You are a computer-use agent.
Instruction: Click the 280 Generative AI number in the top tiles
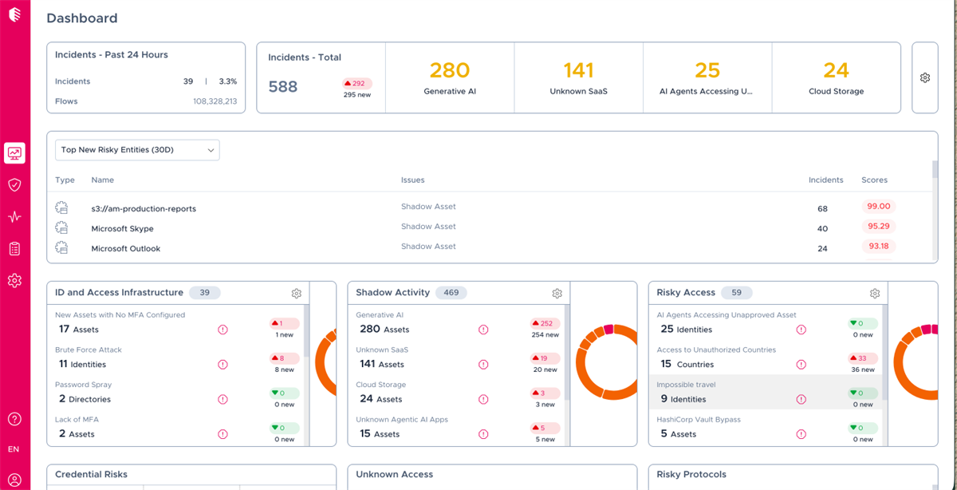pyautogui.click(x=450, y=70)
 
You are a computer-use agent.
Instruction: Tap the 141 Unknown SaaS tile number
pyautogui.click(x=578, y=70)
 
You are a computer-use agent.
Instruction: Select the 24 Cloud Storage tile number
pyautogui.click(x=836, y=70)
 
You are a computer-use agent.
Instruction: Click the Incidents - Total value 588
pyautogui.click(x=283, y=87)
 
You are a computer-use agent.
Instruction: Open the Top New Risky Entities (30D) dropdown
pyautogui.click(x=137, y=150)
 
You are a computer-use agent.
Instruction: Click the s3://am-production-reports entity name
pyautogui.click(x=144, y=208)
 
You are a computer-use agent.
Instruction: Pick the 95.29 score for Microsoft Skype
pyautogui.click(x=878, y=226)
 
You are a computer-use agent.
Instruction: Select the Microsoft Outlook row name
pyautogui.click(x=126, y=248)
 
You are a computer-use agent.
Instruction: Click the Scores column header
pyautogui.click(x=874, y=180)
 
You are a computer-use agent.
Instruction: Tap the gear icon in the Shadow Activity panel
pyautogui.click(x=557, y=294)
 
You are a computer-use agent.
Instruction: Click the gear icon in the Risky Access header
pyautogui.click(x=875, y=294)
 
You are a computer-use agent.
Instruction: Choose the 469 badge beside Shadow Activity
pyautogui.click(x=451, y=292)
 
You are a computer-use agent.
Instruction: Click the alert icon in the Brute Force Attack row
pyautogui.click(x=223, y=364)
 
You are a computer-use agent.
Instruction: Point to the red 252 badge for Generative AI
pyautogui.click(x=545, y=323)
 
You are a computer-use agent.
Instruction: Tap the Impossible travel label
pyautogui.click(x=686, y=385)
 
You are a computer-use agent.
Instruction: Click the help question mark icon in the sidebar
pyautogui.click(x=14, y=419)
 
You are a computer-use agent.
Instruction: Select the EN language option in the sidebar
pyautogui.click(x=14, y=449)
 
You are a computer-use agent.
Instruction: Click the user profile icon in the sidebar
pyautogui.click(x=14, y=480)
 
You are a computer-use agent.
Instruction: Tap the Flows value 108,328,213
pyautogui.click(x=215, y=101)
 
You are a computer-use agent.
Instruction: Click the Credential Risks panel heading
pyautogui.click(x=91, y=474)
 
